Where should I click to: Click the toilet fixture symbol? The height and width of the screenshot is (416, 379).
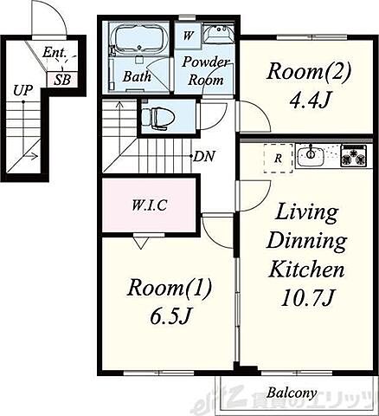(x=159, y=117)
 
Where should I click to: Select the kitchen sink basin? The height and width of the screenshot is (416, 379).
(x=311, y=156)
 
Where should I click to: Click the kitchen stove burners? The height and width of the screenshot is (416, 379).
(x=354, y=156)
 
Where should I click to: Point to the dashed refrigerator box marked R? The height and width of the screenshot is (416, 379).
(x=278, y=159)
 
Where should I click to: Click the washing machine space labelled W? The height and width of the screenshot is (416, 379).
(x=188, y=36)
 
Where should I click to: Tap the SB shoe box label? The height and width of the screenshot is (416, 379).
(x=62, y=80)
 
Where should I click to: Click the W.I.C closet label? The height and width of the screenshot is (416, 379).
(x=149, y=205)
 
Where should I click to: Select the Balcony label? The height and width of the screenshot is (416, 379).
(x=292, y=393)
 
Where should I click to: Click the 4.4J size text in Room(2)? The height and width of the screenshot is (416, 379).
(x=309, y=101)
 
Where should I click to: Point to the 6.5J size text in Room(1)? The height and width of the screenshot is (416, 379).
(x=170, y=316)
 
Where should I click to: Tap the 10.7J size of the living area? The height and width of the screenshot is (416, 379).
(x=307, y=298)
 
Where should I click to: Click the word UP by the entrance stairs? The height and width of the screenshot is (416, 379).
(x=22, y=91)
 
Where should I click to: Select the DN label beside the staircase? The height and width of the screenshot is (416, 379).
(x=204, y=157)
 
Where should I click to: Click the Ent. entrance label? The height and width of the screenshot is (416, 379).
(x=55, y=53)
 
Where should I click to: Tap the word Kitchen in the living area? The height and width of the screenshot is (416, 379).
(x=306, y=269)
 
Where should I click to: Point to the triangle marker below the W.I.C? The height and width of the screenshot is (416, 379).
(x=141, y=243)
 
